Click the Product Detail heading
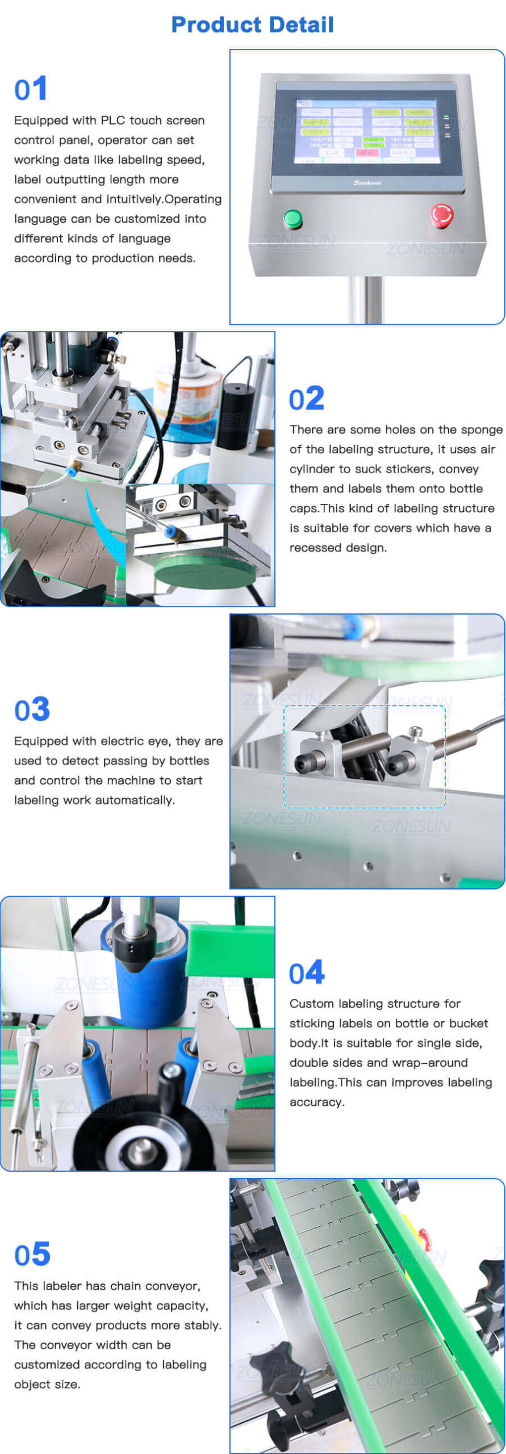tap(252, 24)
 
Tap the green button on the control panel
tap(292, 218)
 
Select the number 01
tap(30, 89)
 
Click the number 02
tap(306, 399)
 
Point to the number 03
tap(32, 709)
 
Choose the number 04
tap(306, 973)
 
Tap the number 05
tap(32, 1255)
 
